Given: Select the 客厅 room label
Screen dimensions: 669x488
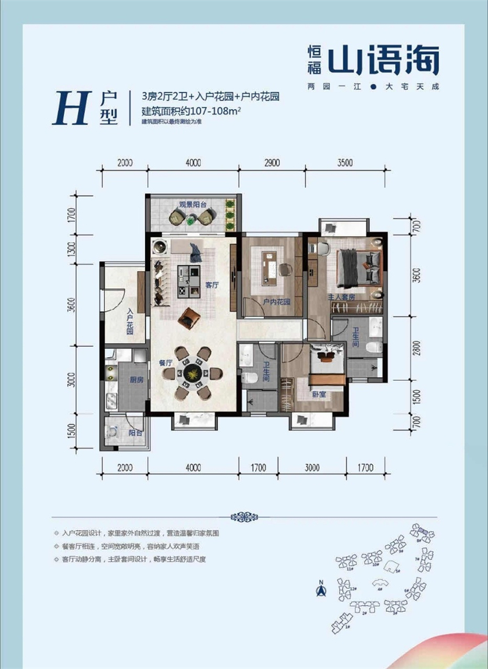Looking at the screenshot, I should pyautogui.click(x=212, y=285).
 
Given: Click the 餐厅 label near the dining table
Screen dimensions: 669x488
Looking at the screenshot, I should pyautogui.click(x=166, y=362).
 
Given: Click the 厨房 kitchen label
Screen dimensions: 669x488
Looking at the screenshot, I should pyautogui.click(x=136, y=380).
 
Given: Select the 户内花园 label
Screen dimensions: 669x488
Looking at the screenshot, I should pyautogui.click(x=276, y=302).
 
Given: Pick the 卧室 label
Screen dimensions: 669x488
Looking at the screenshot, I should pyautogui.click(x=318, y=394).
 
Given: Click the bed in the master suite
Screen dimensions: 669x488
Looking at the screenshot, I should pyautogui.click(x=361, y=266).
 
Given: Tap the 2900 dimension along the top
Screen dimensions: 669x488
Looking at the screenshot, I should pyautogui.click(x=271, y=163).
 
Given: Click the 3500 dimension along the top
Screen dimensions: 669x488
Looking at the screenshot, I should pyautogui.click(x=345, y=163).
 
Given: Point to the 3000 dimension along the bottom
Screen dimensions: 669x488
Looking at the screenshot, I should pyautogui.click(x=312, y=468).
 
